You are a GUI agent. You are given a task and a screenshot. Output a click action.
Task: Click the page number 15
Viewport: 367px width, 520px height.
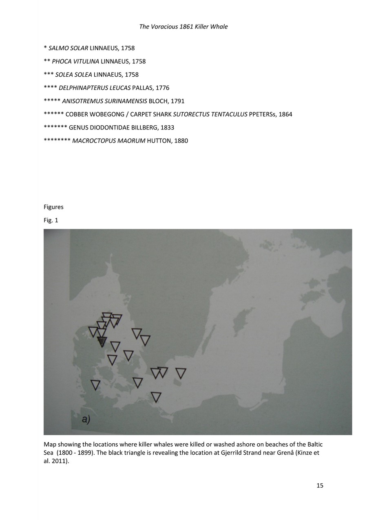point(320,485)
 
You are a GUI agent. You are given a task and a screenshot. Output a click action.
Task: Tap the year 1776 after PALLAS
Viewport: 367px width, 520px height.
point(162,88)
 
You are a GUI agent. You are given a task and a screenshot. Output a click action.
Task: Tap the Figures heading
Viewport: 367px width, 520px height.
point(53,207)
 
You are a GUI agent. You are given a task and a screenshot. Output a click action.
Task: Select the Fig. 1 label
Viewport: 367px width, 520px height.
point(51,220)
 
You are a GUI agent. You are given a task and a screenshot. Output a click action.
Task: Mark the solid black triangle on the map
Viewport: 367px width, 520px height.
point(102,341)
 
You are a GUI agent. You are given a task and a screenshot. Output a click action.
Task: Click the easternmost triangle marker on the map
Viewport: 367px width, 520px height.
point(181,373)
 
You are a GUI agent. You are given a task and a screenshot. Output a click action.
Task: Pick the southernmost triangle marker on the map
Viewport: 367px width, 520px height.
point(156,397)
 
